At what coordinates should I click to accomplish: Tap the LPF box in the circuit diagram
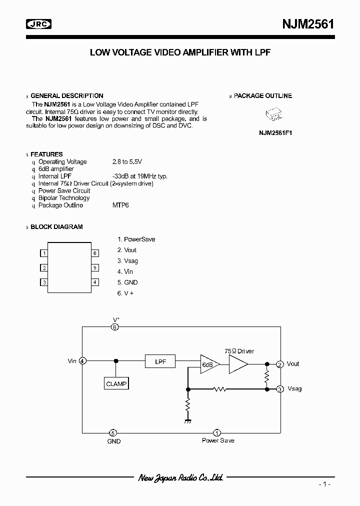click(160, 360)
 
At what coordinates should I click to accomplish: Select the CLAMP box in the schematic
click(116, 384)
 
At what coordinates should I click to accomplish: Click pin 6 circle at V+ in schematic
click(114, 327)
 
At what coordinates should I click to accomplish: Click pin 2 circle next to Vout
click(280, 364)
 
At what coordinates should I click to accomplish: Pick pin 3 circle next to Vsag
click(280, 388)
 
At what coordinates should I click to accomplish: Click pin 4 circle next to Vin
click(82, 360)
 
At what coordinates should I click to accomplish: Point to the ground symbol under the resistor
click(188, 421)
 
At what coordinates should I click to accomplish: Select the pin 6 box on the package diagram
click(94, 253)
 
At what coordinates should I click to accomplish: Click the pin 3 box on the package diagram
click(44, 282)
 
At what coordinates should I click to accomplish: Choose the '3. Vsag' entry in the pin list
click(127, 261)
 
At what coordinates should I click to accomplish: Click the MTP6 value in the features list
click(120, 205)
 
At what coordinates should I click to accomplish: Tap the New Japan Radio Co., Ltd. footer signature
click(180, 478)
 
